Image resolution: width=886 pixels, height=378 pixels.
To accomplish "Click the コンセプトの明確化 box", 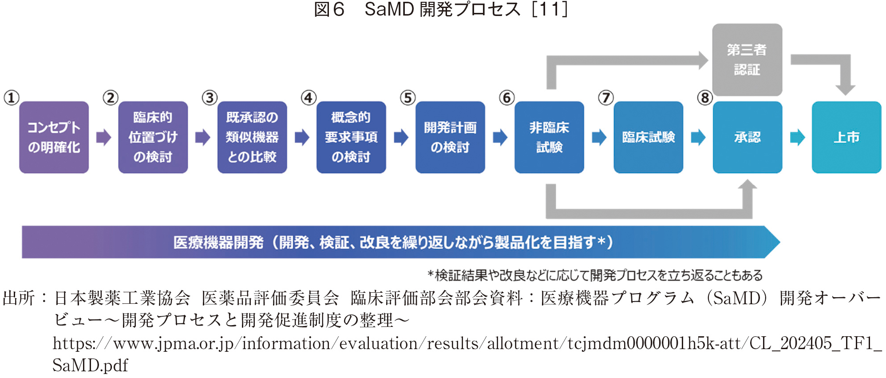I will pos(54,137).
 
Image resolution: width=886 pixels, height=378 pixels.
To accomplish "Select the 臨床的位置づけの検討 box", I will pos(153,137).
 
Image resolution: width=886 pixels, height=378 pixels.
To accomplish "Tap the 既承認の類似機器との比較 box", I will pos(252,137).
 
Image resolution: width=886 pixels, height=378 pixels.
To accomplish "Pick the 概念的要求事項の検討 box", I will pos(351,137).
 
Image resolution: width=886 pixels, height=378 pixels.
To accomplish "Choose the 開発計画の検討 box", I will pos(450,137).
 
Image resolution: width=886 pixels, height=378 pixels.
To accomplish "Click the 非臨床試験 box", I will pos(549,137).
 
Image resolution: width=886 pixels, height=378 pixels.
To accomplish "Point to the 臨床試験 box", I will pos(648,137).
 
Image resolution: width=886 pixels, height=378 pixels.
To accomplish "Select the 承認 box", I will pos(747,137).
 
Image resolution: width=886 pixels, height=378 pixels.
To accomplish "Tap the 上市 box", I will pos(846,137).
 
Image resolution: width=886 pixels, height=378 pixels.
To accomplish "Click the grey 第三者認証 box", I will pos(747,60).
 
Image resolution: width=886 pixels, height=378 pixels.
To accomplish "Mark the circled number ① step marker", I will pos(12,98).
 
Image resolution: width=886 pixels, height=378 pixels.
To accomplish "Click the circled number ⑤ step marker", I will pos(407,98).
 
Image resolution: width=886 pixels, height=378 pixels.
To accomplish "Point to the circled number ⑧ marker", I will pos(704,98).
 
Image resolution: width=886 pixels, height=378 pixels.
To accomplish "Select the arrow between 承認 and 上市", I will pos(797,137).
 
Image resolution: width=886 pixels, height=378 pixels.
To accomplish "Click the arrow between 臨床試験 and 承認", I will pos(698,137).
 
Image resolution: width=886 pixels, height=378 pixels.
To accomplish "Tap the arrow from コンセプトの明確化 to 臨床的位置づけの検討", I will pos(103,137).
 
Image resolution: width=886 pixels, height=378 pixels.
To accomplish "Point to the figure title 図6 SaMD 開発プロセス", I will pos(440,9).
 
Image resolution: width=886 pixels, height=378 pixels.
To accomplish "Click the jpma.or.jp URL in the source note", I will pos(466,344).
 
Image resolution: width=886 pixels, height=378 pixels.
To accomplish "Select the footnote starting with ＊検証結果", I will pos(595,275).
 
